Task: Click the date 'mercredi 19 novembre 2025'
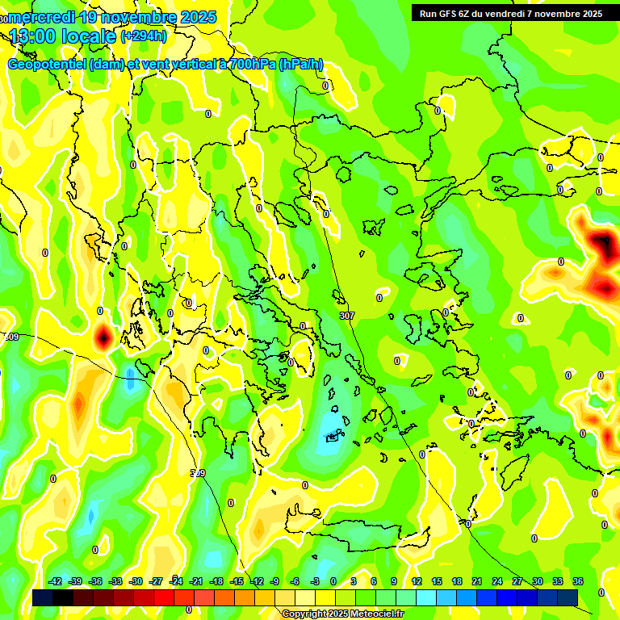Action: (x=113, y=17)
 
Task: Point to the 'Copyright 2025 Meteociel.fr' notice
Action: (x=341, y=614)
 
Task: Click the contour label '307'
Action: (x=347, y=315)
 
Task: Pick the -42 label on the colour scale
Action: (x=55, y=581)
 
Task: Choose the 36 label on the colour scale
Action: (x=578, y=581)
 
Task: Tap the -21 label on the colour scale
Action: (x=196, y=581)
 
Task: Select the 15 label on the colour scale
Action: (x=436, y=581)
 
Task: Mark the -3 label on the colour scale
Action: (x=315, y=581)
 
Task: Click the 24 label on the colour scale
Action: (x=497, y=581)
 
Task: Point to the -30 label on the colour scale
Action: (x=136, y=581)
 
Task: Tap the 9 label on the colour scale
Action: (x=394, y=581)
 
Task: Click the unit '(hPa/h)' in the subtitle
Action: (x=300, y=65)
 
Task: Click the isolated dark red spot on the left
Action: (x=103, y=337)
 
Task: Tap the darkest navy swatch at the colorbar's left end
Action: (x=43, y=597)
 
